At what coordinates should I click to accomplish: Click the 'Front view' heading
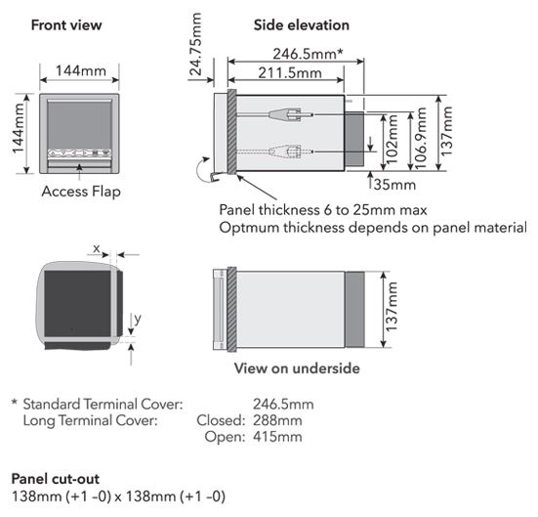point(66,25)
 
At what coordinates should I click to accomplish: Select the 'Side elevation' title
point(302,25)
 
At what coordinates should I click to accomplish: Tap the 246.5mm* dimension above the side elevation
point(308,54)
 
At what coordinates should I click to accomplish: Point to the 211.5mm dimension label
point(290,73)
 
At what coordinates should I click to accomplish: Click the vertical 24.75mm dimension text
point(196,44)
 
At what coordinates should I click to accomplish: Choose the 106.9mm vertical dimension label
point(421,139)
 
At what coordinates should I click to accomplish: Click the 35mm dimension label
point(394,185)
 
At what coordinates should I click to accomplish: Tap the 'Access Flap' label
point(81,192)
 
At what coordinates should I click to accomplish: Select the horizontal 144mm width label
point(81,70)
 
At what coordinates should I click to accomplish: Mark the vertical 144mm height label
point(19,128)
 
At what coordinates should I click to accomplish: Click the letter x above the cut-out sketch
point(97,248)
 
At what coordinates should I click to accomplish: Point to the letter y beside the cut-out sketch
point(138,320)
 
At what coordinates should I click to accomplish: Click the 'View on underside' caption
point(297,368)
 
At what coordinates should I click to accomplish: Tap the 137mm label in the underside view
point(392,306)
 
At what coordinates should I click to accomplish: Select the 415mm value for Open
point(277,437)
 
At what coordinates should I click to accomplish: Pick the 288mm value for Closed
point(277,420)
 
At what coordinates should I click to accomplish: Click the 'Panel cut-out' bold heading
point(56,479)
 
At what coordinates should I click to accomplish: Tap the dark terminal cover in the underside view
point(354,310)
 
